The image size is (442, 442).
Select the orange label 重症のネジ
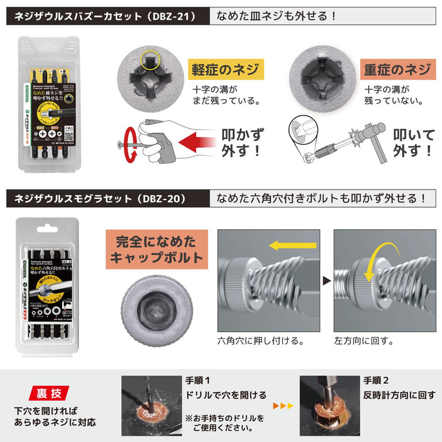tap(391, 70)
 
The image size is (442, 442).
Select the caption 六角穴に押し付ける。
tap(259, 340)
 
